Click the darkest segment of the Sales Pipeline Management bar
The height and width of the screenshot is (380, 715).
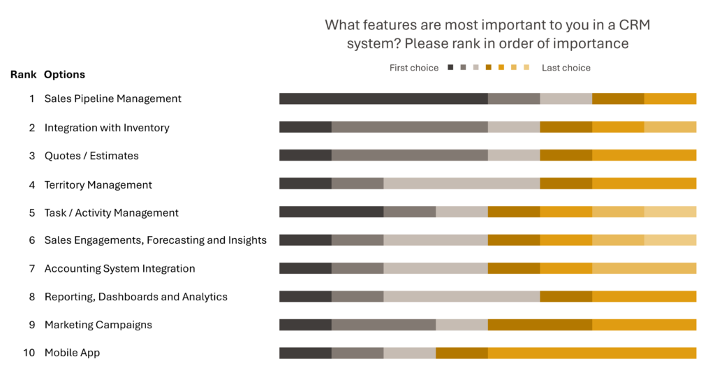(383, 98)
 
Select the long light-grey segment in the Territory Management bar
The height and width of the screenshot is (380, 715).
(462, 184)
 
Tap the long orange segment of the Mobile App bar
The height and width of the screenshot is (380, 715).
(592, 353)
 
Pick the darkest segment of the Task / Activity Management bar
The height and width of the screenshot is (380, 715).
(332, 212)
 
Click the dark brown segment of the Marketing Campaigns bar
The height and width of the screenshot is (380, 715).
(540, 325)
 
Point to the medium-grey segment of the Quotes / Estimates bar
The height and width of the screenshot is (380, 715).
(409, 155)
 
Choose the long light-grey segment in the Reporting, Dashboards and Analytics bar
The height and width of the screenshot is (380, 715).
(462, 296)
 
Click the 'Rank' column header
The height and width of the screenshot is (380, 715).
(23, 74)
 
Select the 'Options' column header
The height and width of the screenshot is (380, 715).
(64, 74)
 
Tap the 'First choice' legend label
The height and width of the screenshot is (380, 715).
(414, 68)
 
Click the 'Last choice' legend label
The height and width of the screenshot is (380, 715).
(566, 68)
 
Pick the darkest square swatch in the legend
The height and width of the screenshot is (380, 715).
(450, 68)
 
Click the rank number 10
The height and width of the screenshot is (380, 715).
(29, 353)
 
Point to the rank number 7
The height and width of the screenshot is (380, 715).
(32, 269)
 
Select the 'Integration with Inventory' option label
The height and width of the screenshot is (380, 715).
(107, 128)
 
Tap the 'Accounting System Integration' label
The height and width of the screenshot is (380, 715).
(119, 269)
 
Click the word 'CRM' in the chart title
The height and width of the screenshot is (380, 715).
(634, 24)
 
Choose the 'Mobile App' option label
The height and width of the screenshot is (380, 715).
(72, 353)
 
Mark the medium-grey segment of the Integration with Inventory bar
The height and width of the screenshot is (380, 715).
(409, 127)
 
